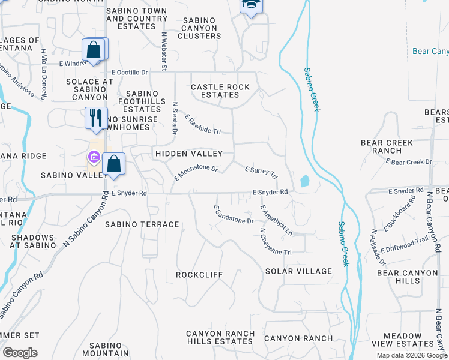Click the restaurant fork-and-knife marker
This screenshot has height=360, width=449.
pos(95,118)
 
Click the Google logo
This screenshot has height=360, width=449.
pos(20,353)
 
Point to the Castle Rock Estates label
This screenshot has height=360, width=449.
pos(220,91)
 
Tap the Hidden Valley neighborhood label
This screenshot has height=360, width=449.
pos(188,154)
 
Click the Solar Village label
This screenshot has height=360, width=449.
pos(298,271)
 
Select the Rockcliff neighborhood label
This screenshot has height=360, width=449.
pos(199,275)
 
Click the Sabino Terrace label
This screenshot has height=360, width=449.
pos(142,224)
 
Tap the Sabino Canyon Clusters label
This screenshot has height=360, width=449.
pos(199,28)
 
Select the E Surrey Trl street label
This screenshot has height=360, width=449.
pos(261,173)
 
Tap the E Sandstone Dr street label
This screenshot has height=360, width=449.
pos(234,214)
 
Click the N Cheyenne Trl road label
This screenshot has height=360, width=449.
pos(276,241)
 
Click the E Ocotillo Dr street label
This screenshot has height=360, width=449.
pos(129,72)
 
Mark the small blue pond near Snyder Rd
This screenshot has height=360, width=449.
pos(304,181)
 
